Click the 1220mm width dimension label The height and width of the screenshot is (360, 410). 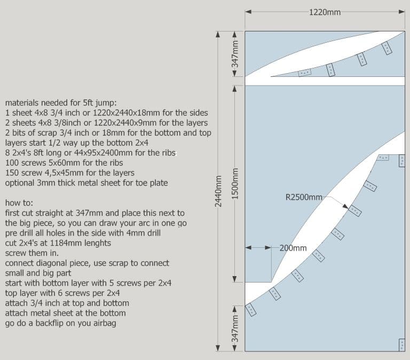(324, 12)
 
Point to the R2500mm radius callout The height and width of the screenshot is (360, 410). (304, 197)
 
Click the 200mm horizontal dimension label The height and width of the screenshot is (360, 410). (293, 248)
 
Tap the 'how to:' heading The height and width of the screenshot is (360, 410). (19, 203)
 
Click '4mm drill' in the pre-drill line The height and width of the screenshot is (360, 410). (149, 233)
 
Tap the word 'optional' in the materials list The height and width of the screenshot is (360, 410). (20, 183)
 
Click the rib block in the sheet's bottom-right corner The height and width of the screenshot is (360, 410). (401, 345)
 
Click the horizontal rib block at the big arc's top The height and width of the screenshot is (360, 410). (382, 158)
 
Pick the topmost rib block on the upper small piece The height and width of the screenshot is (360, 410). (387, 49)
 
